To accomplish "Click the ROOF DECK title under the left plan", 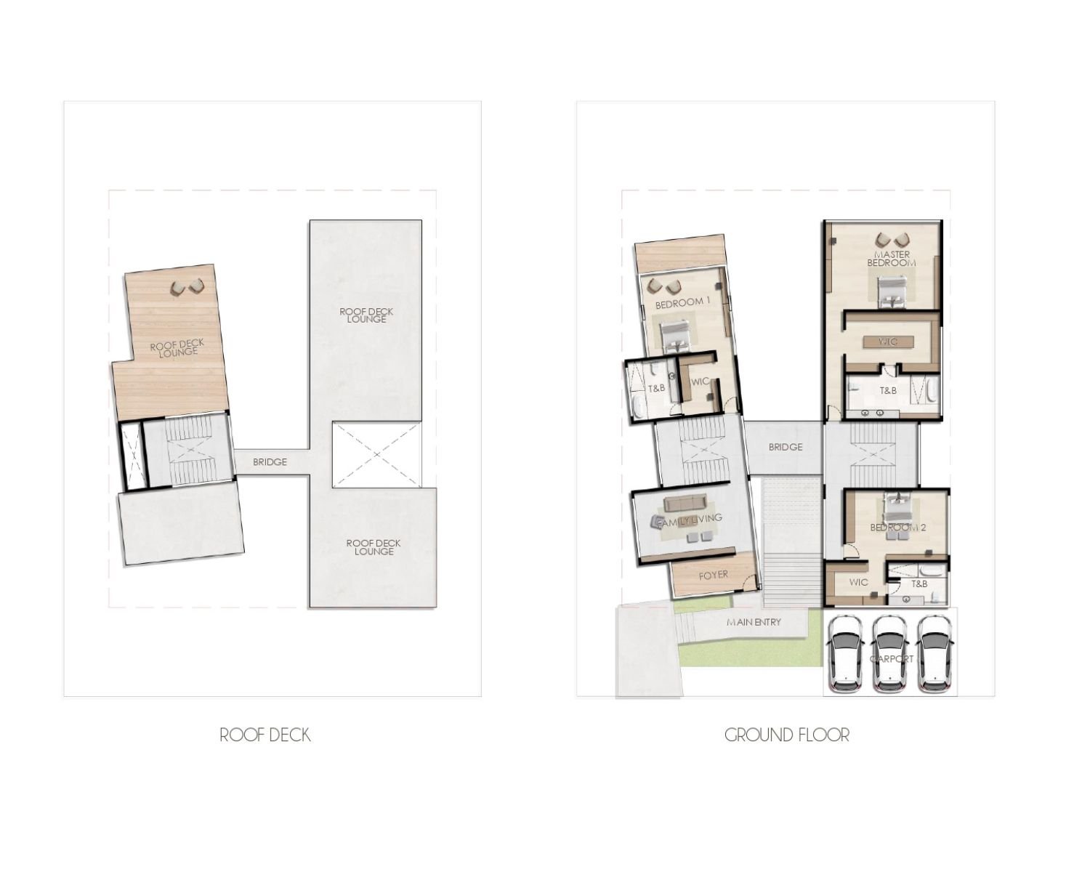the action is [x=265, y=735].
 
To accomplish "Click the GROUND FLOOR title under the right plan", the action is [x=786, y=735].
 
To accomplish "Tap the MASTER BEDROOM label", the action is [x=892, y=259].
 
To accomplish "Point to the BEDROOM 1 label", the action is [x=683, y=303].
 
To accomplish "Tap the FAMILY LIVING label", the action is [x=689, y=520].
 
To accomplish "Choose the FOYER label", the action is [x=713, y=575].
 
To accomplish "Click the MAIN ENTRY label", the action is [x=754, y=622].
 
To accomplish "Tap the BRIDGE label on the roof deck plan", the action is [x=270, y=462].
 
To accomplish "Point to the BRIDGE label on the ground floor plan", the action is [x=786, y=447].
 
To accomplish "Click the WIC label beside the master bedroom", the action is [x=889, y=342].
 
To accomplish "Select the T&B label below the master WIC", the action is [x=888, y=391].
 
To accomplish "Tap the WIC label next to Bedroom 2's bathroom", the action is [x=858, y=582].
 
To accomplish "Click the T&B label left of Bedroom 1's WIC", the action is [x=656, y=388].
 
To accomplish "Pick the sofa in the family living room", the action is [x=685, y=503].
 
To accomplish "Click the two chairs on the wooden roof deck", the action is [x=187, y=287].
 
